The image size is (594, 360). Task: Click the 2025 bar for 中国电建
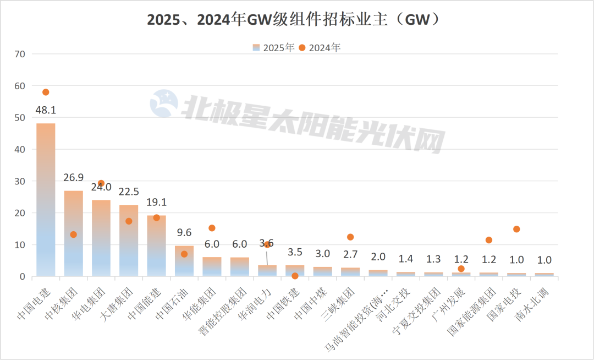point(46,200)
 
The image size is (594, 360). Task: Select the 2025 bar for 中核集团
point(73,233)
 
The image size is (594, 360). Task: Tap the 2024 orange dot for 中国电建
point(46,92)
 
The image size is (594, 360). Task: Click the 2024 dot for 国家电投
point(516,229)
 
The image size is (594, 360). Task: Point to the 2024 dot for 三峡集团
point(350,237)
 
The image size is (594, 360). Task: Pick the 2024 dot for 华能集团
point(212,228)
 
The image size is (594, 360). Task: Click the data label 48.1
point(46,110)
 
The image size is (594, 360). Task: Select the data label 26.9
point(73,177)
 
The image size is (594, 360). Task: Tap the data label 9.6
point(184,232)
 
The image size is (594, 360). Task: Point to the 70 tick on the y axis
point(20,54)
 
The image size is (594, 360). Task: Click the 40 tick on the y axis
point(20,149)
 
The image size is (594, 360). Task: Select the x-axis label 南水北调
point(533,301)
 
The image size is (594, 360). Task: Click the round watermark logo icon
point(165,103)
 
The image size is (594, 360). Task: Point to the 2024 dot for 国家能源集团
point(489,240)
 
